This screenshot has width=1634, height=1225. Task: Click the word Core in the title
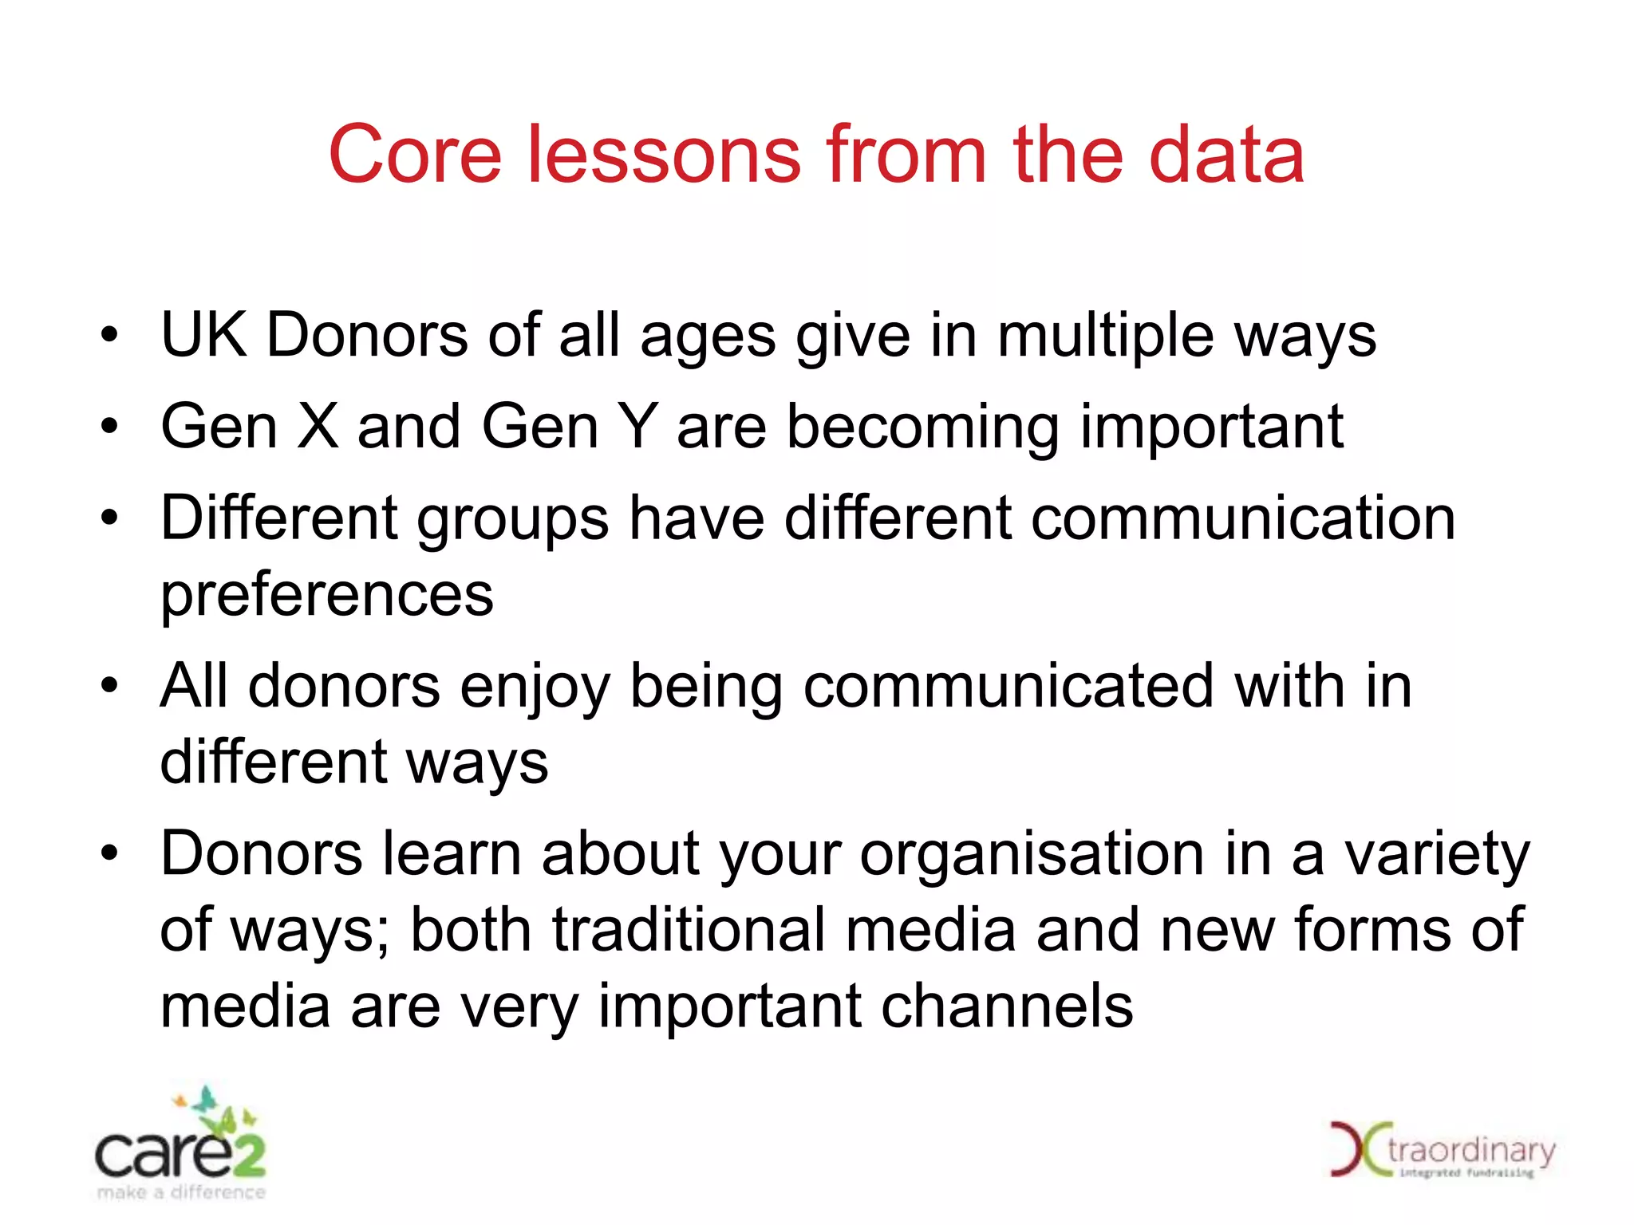414,155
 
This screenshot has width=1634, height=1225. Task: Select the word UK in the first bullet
203,335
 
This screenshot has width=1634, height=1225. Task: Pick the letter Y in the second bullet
638,427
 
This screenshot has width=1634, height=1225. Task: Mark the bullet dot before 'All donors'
109,685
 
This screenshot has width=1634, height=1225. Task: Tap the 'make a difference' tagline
181,1193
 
